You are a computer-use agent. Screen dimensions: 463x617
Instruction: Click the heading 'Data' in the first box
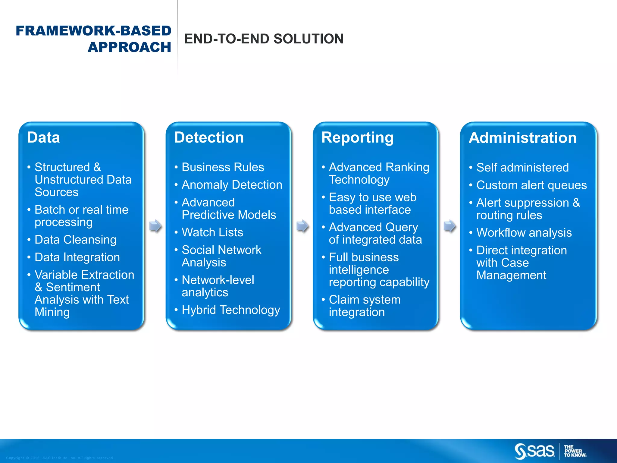[x=43, y=137]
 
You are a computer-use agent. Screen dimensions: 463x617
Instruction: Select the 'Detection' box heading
[x=209, y=137]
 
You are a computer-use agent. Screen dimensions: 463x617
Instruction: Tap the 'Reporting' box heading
[x=357, y=137]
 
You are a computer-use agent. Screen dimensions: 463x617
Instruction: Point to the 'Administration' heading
[x=522, y=138]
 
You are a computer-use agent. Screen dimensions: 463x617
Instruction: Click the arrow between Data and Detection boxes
[x=155, y=226]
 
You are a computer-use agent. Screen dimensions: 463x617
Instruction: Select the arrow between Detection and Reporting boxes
[x=302, y=226]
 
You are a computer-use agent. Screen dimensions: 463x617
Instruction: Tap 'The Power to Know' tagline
[x=575, y=451]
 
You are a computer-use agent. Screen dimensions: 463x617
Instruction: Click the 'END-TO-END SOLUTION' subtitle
[x=264, y=39]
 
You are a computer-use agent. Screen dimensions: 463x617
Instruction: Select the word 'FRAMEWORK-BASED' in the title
[x=93, y=31]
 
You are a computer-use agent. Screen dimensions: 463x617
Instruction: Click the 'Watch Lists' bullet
[x=212, y=232]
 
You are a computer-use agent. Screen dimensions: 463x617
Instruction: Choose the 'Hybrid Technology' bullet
[x=230, y=310]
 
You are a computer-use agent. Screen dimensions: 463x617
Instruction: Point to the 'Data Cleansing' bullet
[x=75, y=240]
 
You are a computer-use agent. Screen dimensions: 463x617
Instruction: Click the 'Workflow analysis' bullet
[x=524, y=233]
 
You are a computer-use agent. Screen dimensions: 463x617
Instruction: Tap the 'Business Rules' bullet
[x=223, y=167]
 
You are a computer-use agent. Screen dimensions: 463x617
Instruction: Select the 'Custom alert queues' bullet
[x=531, y=185]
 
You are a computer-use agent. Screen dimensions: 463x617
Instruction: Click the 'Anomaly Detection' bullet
[x=232, y=185]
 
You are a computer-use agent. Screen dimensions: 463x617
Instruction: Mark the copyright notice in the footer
[x=60, y=458]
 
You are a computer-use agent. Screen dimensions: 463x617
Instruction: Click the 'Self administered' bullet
[x=522, y=168]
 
